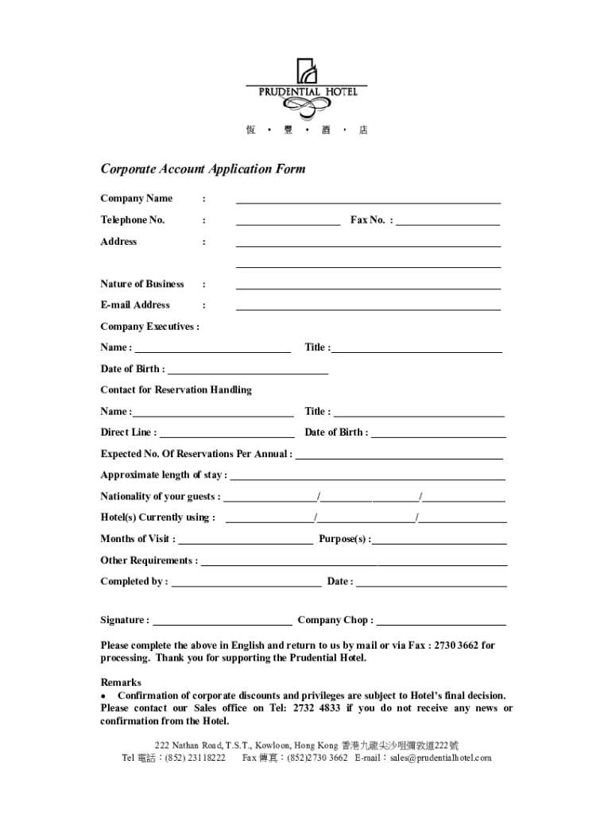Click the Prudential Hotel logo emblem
pos(307,71)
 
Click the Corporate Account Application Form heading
pos(203,169)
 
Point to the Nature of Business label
pos(142,284)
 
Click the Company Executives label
pos(149,326)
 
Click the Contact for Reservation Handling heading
pos(176,390)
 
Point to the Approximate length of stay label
pos(163,475)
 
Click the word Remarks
pos(121,682)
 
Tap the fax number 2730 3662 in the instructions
pos(458,645)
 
